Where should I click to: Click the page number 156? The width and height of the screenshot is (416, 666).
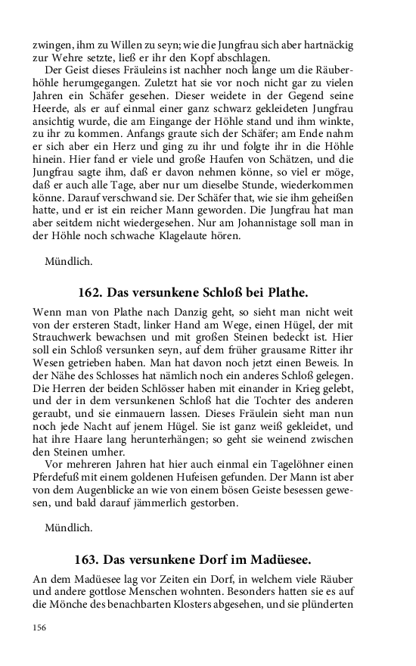[x=40, y=627]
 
